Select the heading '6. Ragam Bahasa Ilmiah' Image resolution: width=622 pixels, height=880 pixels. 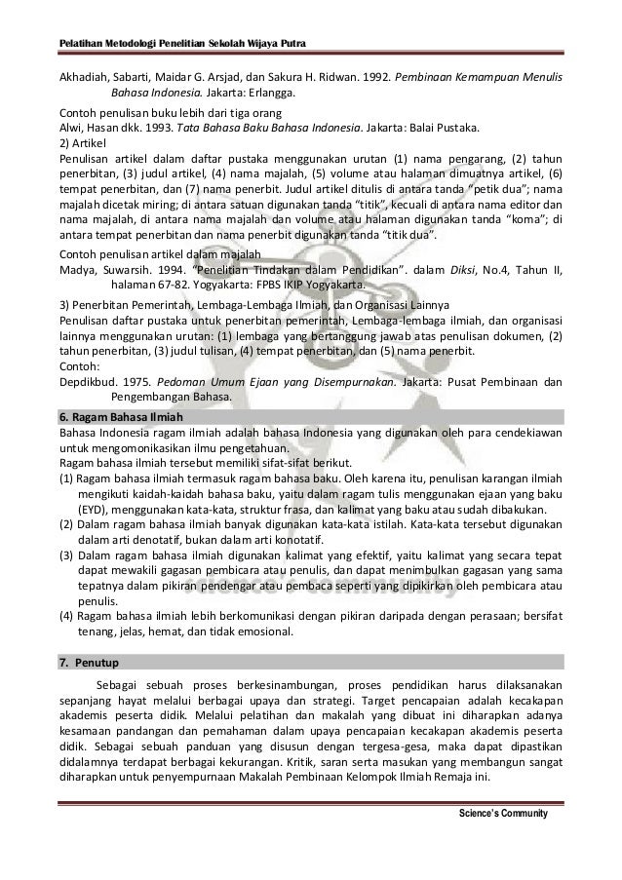[x=111, y=416]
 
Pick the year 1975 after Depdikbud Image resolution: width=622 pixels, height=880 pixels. [x=128, y=381]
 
